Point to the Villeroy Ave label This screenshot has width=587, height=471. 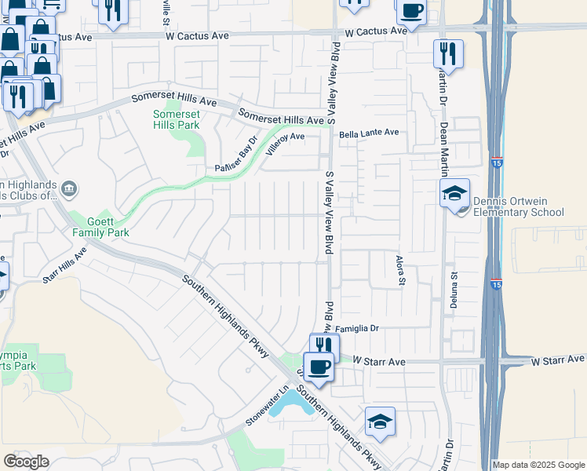click(285, 142)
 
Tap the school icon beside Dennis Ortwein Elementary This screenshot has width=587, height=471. click(454, 192)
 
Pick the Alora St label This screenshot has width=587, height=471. click(401, 268)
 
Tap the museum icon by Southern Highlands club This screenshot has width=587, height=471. click(69, 188)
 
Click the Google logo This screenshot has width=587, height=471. click(26, 462)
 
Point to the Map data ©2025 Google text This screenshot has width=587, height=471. click(538, 465)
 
